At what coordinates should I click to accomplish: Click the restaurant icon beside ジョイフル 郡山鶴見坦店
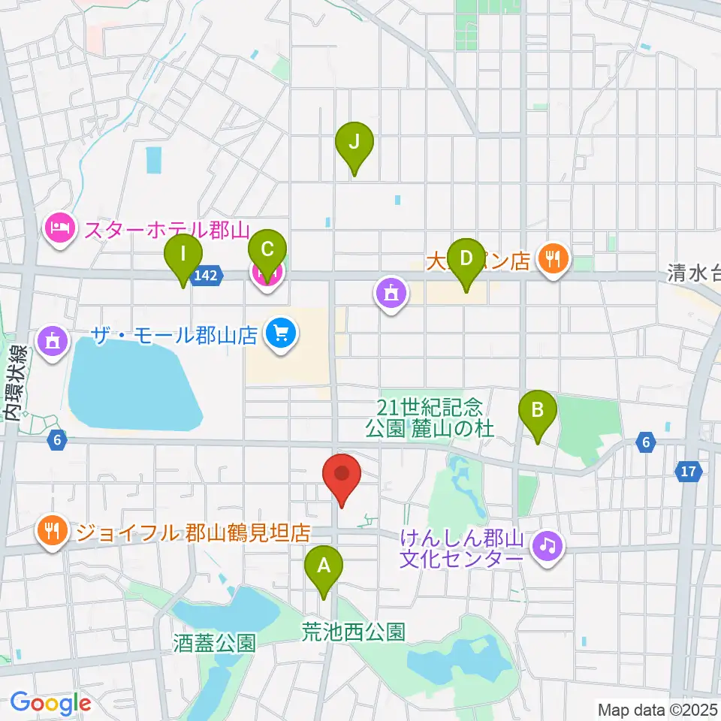[51, 532]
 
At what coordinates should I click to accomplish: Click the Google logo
[50, 703]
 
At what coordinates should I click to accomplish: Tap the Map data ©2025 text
[656, 709]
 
